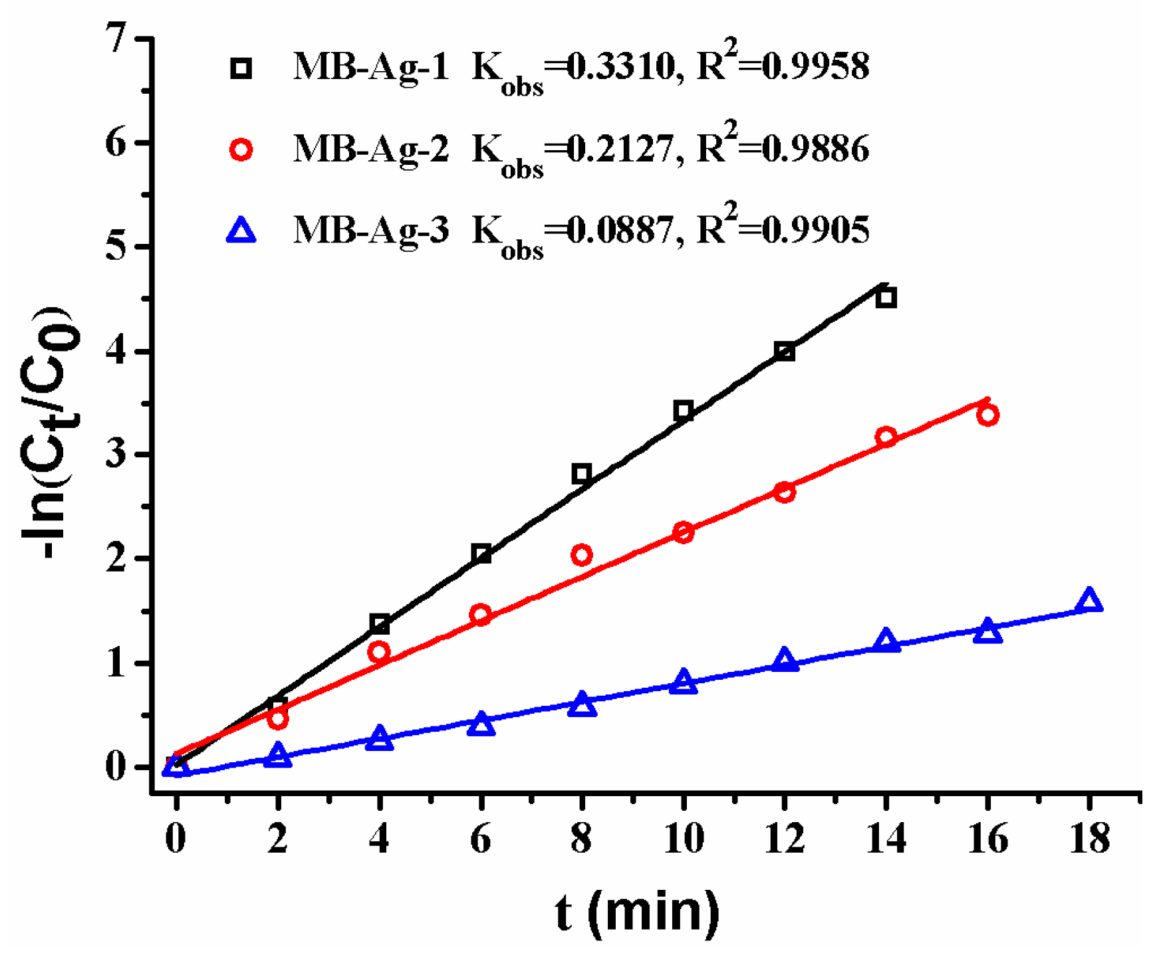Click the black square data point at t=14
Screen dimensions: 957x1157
pos(886,298)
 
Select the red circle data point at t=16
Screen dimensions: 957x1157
pos(987,415)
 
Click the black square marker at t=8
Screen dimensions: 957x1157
pos(582,474)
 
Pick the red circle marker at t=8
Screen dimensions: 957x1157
pos(582,554)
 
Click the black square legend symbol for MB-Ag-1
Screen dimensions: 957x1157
pos(241,68)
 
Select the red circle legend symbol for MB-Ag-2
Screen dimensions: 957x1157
pos(241,150)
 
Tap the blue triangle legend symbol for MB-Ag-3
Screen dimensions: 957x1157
pos(241,231)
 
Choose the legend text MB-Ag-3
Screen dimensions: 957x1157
pos(372,230)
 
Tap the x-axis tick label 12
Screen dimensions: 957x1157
pos(785,839)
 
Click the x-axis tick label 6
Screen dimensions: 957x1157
pos(481,839)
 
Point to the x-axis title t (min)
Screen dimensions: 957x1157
pos(638,912)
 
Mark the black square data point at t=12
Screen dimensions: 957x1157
pos(785,352)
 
